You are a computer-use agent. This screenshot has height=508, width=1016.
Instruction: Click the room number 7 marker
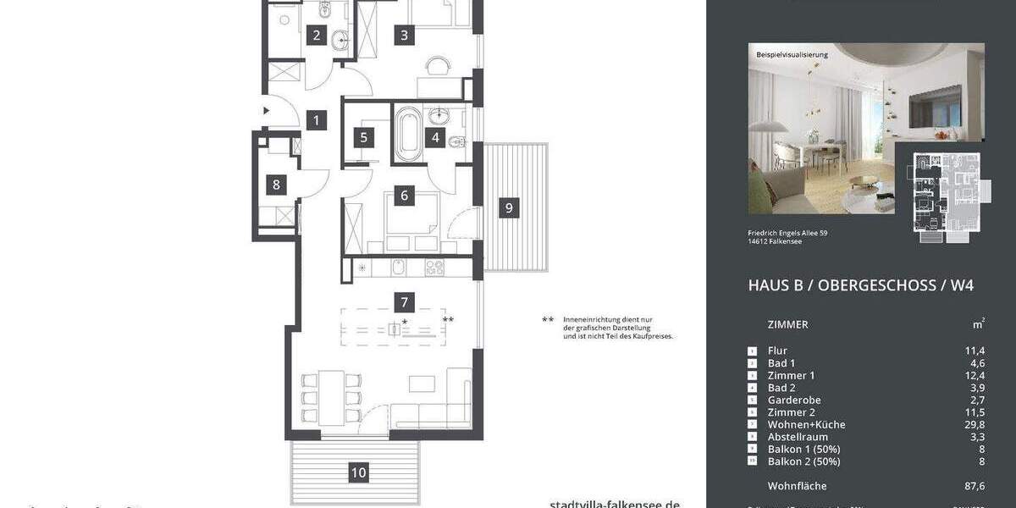tap(405, 301)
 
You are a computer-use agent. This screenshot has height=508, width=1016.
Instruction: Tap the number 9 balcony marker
tap(508, 207)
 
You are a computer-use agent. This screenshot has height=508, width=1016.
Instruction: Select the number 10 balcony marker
tap(359, 472)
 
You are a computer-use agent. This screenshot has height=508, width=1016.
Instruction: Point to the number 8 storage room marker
tap(275, 185)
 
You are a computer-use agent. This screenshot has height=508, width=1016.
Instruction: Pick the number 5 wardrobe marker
tap(364, 138)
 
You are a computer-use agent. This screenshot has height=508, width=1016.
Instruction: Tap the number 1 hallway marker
tap(316, 120)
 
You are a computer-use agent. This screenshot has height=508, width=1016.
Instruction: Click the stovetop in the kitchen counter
tap(434, 268)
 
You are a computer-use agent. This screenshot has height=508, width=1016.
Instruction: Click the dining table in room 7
tap(332, 396)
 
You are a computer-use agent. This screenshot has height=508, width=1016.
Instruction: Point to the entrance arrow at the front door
tap(266, 110)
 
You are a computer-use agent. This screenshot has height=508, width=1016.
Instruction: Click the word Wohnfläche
tap(797, 486)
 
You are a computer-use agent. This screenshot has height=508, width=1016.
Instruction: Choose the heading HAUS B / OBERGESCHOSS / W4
tap(860, 285)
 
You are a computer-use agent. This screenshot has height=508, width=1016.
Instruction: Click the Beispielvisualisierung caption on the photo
tap(792, 55)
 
